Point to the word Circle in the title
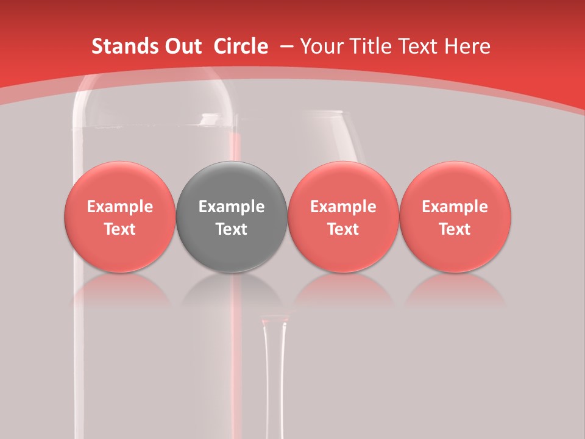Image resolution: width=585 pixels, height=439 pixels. [x=241, y=46]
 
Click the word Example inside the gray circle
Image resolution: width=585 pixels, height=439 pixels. [x=232, y=207]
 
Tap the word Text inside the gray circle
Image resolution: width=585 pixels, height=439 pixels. [x=232, y=229]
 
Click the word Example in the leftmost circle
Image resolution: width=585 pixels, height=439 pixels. [x=119, y=207]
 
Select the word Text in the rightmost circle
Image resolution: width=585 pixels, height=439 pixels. [x=455, y=229]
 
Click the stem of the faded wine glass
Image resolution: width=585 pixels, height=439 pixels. [x=274, y=378]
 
